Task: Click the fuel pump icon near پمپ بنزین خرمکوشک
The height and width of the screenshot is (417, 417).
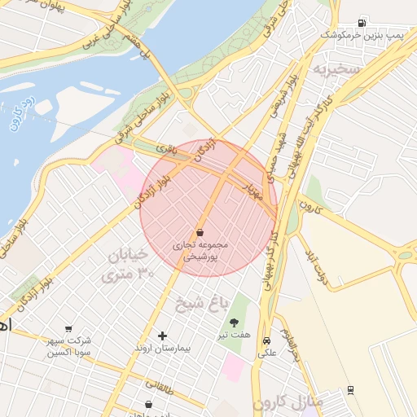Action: point(361,22)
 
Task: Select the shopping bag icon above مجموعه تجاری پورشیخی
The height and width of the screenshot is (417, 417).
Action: point(200,232)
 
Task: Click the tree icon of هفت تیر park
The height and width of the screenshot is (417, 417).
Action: point(235,323)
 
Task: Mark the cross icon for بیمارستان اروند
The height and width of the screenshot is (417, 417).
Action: point(162,336)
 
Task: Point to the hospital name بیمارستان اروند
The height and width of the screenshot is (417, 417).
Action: point(162,349)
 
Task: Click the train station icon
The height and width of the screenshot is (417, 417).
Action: point(350,390)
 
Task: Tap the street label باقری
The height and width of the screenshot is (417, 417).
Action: point(166,149)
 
